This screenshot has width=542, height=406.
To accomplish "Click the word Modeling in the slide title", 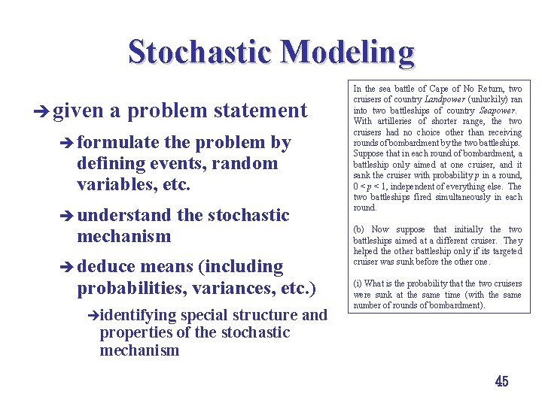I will pyautogui.click(x=347, y=52).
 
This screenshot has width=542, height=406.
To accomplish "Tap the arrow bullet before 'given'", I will pyautogui.click(x=41, y=111).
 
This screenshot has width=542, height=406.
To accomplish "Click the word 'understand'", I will pyautogui.click(x=125, y=215).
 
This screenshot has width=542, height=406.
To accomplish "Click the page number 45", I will pyautogui.click(x=501, y=381).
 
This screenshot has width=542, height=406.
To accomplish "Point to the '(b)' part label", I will pyautogui.click(x=360, y=229).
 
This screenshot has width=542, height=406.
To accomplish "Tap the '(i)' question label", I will pyautogui.click(x=358, y=283).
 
